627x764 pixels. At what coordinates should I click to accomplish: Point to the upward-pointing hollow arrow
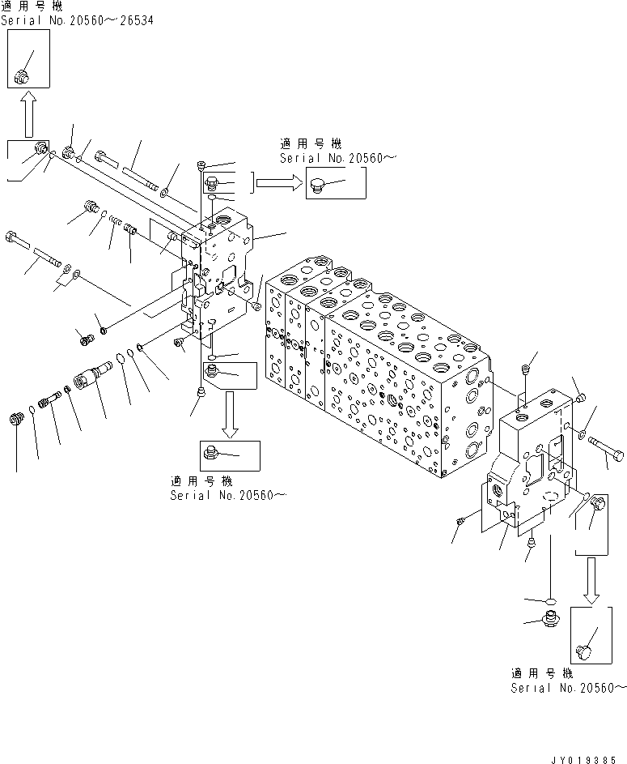(x=27, y=113)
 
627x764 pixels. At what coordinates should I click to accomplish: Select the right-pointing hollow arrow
(x=278, y=184)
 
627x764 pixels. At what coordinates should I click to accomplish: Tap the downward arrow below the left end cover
(x=229, y=413)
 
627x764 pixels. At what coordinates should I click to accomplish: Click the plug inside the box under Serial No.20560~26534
(x=22, y=77)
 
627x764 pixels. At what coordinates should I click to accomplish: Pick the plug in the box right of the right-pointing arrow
(x=318, y=187)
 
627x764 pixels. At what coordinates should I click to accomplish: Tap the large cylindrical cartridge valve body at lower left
(x=91, y=379)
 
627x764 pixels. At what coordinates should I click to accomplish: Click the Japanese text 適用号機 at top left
(x=23, y=6)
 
